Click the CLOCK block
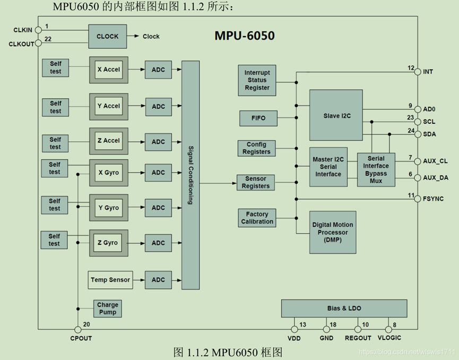[108, 37]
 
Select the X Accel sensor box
[108, 70]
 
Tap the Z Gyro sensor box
[108, 243]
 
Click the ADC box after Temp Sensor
[158, 280]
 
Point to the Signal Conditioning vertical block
[190, 175]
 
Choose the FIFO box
[258, 118]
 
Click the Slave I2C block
[336, 115]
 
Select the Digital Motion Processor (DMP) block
[333, 232]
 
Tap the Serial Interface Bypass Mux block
[376, 170]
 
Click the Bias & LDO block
[344, 308]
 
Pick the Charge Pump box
[108, 308]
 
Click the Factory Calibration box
[257, 218]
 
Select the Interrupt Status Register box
[257, 80]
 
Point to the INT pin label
[428, 72]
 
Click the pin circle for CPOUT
[78, 330]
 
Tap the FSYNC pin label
[434, 199]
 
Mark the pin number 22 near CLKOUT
[48, 39]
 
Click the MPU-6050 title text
[245, 36]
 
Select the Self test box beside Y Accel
[56, 107]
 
